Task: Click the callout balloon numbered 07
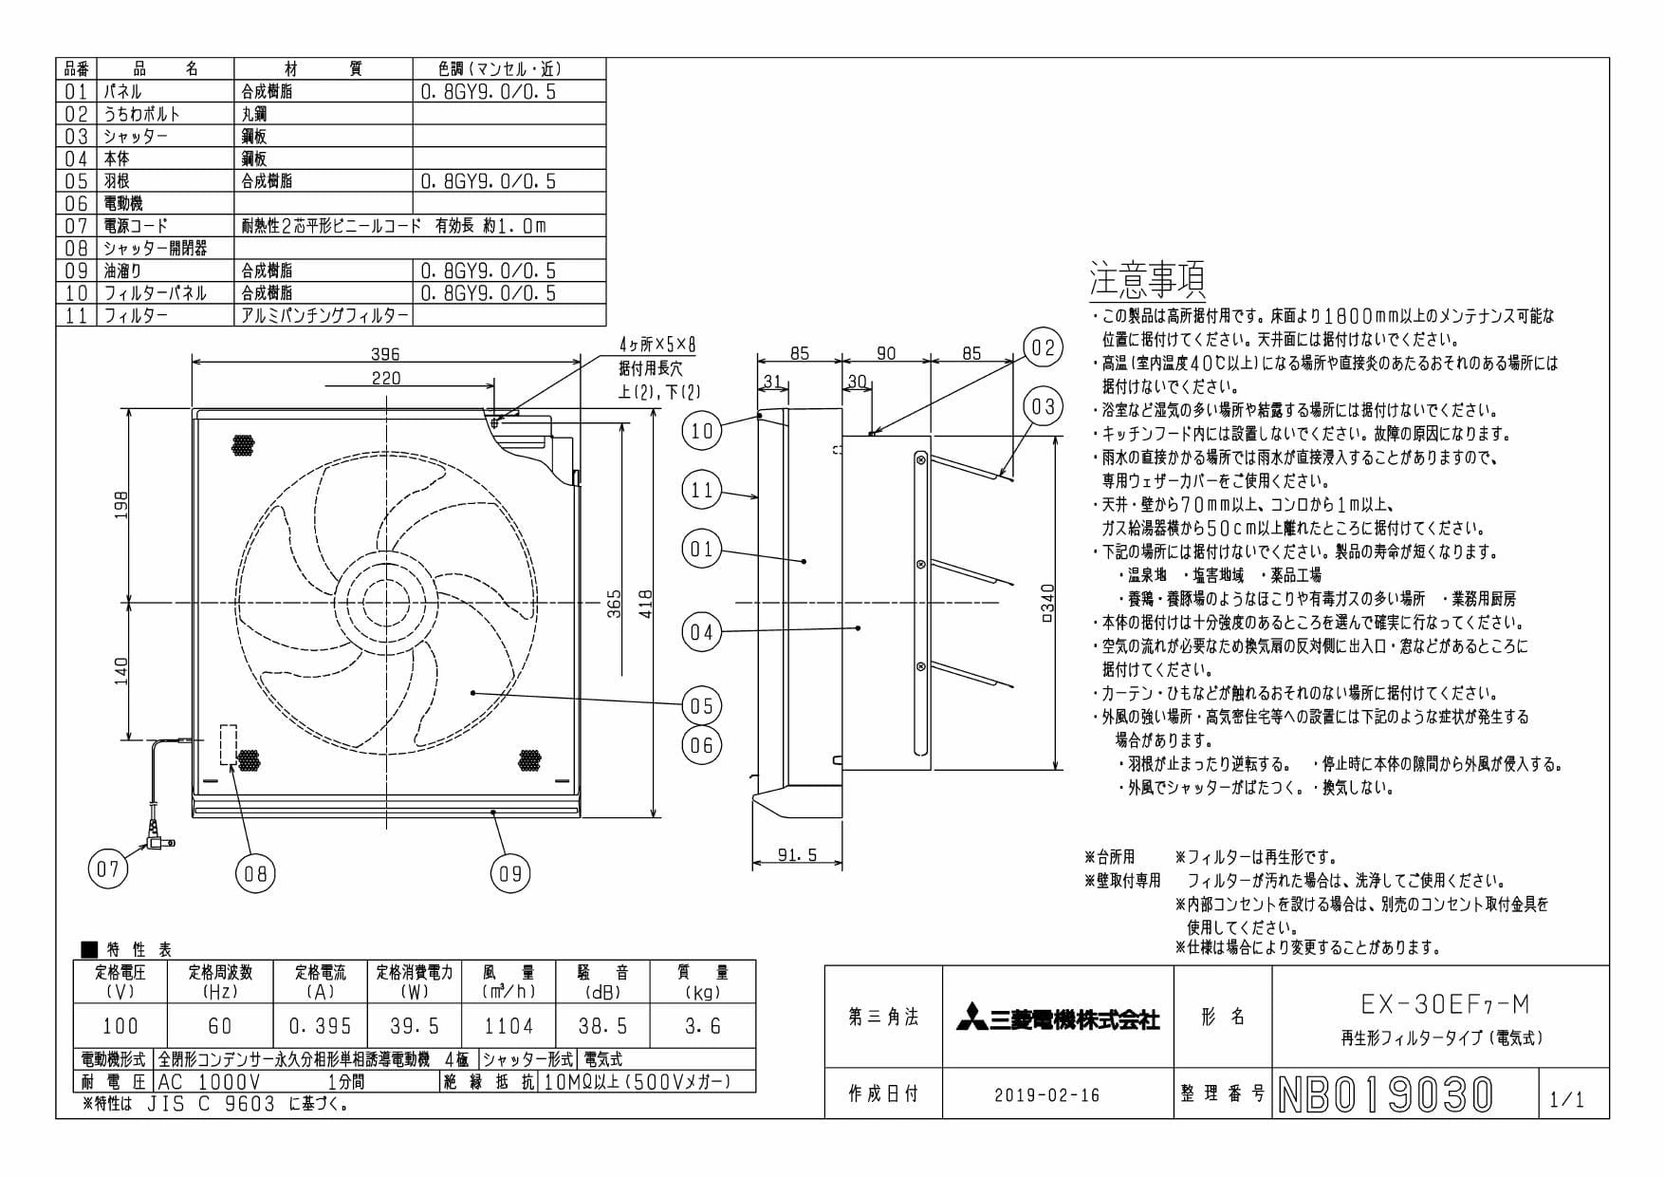[x=108, y=869]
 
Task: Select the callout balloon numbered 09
[x=510, y=873]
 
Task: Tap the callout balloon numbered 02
[x=1043, y=347]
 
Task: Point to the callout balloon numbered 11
[x=701, y=490]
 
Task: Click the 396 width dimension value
[x=385, y=353]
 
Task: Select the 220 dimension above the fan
[x=385, y=378]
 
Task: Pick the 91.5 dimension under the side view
[x=797, y=855]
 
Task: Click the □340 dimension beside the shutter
[x=1047, y=603]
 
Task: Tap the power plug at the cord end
[x=155, y=837]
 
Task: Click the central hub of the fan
[x=388, y=603]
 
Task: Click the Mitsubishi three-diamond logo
[x=971, y=1018]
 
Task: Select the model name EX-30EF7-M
[x=1445, y=1004]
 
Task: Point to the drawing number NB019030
[x=1386, y=1094]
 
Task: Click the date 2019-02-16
[x=1047, y=1094]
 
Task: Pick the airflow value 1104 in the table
[x=508, y=1026]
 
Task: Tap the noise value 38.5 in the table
[x=603, y=1026]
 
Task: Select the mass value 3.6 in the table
[x=702, y=1026]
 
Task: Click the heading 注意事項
[x=1147, y=279]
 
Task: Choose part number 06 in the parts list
[x=76, y=203]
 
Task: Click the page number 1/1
[x=1566, y=1099]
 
